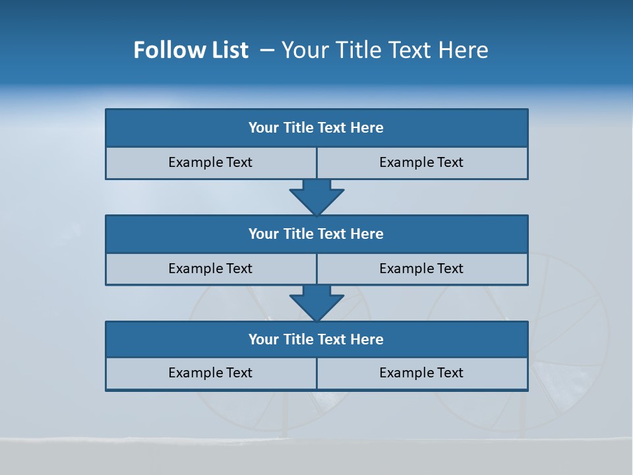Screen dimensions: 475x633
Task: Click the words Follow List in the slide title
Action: point(191,50)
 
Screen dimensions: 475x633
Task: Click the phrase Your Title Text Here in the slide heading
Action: point(385,50)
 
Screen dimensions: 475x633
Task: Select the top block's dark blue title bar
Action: point(316,128)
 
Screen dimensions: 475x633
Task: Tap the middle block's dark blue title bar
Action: point(316,234)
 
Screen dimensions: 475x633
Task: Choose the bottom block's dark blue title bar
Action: point(316,339)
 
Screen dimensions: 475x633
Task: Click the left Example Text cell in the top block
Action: point(210,163)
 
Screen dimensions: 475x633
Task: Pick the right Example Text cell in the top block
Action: point(422,163)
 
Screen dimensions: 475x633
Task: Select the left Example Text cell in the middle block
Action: point(210,269)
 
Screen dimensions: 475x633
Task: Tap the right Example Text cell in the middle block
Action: point(422,269)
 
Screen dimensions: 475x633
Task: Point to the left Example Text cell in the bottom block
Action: point(210,373)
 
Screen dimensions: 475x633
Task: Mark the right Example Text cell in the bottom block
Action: point(422,373)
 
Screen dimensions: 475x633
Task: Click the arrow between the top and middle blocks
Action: point(316,197)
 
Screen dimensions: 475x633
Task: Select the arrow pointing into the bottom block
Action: point(316,303)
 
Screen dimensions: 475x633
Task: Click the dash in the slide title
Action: point(267,50)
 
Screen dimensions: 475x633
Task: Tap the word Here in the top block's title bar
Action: point(367,128)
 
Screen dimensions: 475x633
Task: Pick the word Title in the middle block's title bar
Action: point(298,234)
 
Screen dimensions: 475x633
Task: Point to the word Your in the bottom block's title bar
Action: point(264,339)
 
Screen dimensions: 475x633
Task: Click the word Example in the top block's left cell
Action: point(196,163)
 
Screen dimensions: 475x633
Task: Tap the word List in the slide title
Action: point(227,50)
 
